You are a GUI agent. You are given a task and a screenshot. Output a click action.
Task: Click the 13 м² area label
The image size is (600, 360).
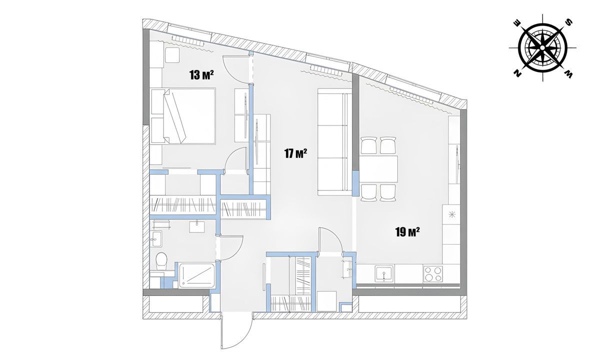tap(201, 75)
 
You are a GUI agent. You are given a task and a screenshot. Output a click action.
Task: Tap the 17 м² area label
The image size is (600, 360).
tap(295, 153)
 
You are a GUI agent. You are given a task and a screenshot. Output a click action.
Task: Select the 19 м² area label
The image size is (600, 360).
tap(407, 231)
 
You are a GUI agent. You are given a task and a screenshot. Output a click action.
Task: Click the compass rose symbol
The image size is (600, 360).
tap(543, 48)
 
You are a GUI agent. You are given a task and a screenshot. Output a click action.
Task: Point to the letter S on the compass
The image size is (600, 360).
tap(568, 22)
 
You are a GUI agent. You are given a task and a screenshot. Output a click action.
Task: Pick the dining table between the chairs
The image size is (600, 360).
tap(378, 169)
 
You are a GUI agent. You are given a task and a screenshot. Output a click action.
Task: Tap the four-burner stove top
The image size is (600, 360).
tap(432, 274)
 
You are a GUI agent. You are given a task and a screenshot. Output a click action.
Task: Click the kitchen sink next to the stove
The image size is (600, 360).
tap(383, 274)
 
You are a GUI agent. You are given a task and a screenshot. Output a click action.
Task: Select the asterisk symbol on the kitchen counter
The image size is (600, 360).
tap(452, 215)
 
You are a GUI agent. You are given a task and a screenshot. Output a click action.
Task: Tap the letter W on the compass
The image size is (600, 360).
tap(568, 74)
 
